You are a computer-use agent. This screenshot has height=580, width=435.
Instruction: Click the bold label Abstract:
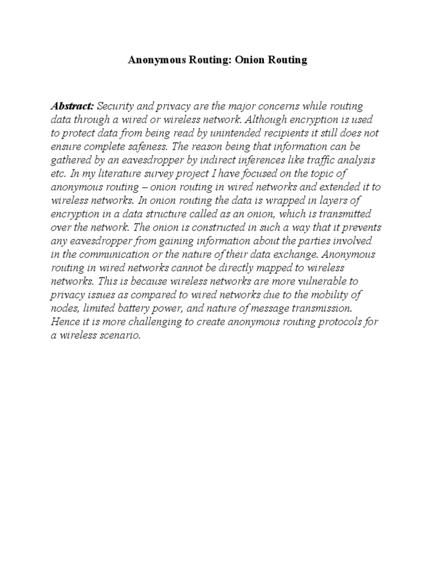(x=72, y=106)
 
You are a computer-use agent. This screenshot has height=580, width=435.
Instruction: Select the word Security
(x=117, y=106)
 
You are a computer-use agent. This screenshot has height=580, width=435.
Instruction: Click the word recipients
(x=282, y=134)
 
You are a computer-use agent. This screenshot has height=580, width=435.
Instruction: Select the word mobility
(x=348, y=295)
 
